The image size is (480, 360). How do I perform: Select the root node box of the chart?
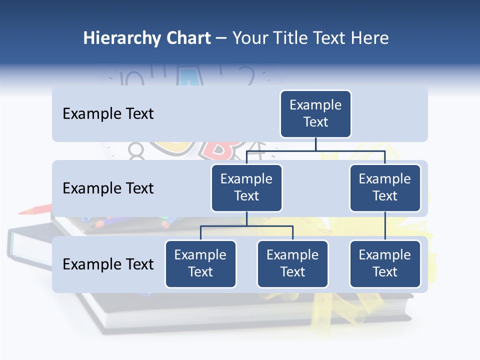[x=315, y=114]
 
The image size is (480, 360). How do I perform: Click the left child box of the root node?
[x=246, y=187]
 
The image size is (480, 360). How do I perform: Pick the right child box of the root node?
[x=385, y=187]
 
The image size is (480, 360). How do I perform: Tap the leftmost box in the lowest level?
[x=200, y=263]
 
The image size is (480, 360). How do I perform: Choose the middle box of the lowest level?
[x=292, y=263]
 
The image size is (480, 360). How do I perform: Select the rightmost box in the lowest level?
[x=385, y=263]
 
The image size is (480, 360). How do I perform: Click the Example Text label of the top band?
[x=108, y=114]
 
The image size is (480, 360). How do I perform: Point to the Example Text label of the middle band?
[x=108, y=188]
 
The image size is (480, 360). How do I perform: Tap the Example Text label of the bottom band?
[x=108, y=264]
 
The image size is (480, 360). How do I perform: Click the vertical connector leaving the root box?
[x=315, y=144]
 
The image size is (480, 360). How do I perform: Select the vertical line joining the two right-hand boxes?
[x=385, y=226]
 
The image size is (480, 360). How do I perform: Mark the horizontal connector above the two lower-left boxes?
[x=246, y=226]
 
